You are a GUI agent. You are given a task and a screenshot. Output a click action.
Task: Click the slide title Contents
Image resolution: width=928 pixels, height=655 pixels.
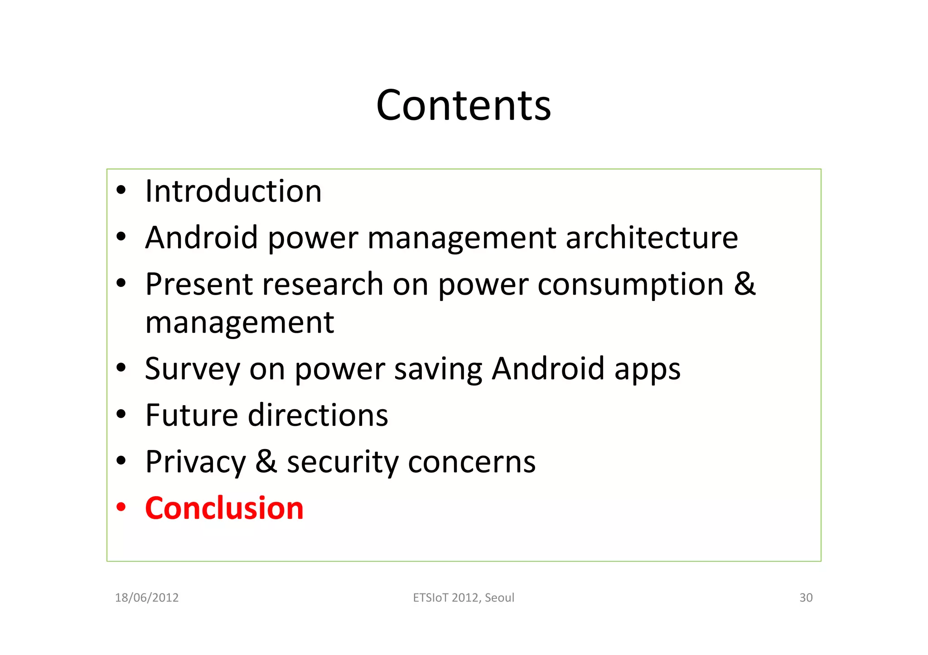coord(464,105)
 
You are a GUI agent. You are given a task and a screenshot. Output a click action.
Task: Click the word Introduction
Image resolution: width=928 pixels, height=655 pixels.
coord(233,191)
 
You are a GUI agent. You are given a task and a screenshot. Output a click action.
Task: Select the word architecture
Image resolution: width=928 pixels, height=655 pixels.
coord(652,238)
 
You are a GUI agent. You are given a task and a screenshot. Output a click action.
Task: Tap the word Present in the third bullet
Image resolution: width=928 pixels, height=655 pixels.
coord(199,284)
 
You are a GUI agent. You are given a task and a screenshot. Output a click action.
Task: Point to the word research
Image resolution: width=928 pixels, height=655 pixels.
coord(323,284)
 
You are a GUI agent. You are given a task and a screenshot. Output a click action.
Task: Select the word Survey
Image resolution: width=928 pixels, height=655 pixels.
coord(192,369)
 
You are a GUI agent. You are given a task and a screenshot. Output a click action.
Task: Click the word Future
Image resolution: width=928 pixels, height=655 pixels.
coord(192,415)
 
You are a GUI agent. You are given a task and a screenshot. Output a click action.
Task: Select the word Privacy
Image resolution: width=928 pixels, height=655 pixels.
coord(195,463)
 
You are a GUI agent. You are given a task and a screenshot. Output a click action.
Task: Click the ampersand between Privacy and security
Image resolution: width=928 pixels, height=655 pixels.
coord(266,462)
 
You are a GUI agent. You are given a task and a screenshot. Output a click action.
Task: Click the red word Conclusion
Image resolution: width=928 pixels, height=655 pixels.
coord(224,508)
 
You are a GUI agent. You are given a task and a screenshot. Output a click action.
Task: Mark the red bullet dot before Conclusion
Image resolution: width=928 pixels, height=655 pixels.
coord(121,507)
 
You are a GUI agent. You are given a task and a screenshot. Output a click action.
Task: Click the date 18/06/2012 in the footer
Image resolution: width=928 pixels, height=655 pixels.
coord(147,598)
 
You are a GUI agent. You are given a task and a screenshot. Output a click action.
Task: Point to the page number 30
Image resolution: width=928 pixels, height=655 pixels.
coord(806,598)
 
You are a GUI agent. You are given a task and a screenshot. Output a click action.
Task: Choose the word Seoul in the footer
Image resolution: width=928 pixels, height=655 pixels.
coord(499,598)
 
